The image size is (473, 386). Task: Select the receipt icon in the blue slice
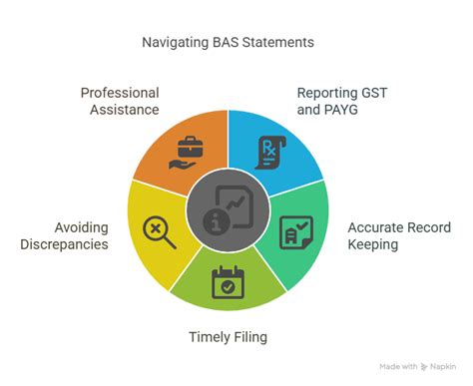[x=268, y=153]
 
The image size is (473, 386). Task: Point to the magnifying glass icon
[x=158, y=230]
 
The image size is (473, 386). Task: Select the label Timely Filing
[x=229, y=337]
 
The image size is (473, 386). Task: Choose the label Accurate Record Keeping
[x=387, y=234]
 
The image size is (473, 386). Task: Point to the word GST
[x=376, y=93]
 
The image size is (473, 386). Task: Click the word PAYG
[x=343, y=110]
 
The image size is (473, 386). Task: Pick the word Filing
[x=247, y=337]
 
